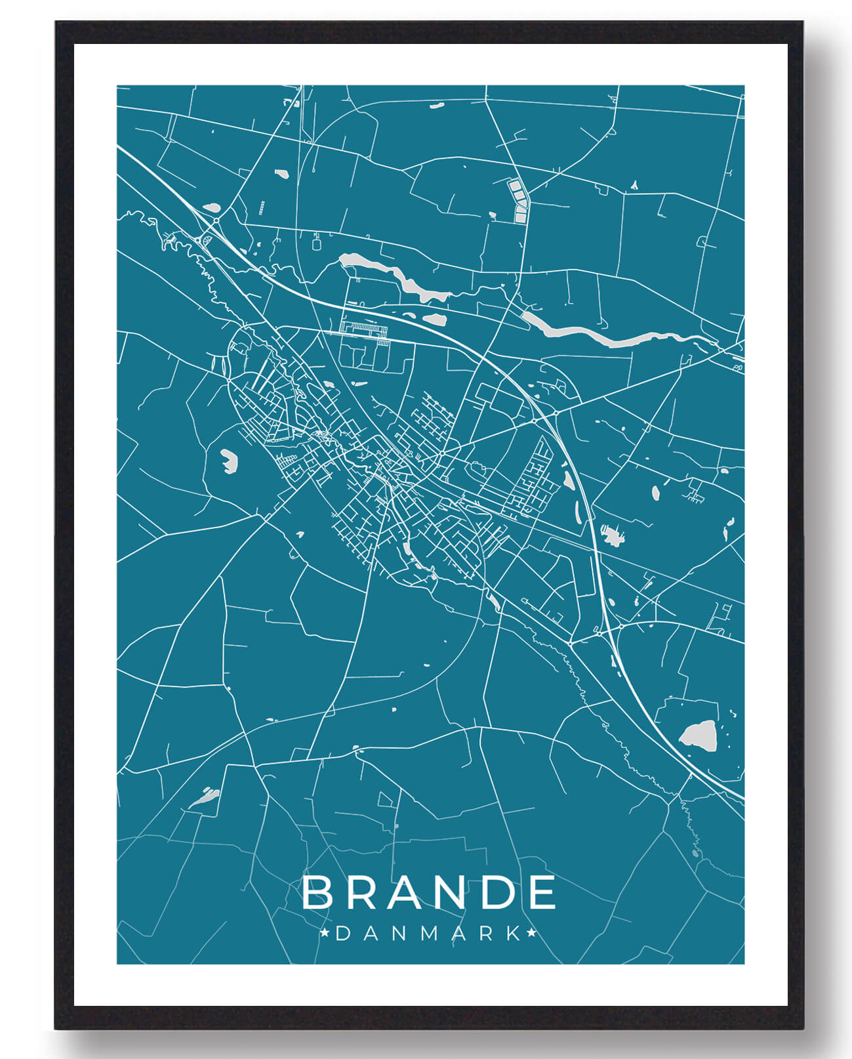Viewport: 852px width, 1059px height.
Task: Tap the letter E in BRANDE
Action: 542,892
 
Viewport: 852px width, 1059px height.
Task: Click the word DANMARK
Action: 428,933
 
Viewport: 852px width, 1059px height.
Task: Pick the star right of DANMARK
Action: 532,932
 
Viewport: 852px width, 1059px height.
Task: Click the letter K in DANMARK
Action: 513,933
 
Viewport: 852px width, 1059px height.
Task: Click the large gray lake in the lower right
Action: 698,734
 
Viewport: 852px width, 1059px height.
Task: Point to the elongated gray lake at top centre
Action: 394,276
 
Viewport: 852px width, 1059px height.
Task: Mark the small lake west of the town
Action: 229,460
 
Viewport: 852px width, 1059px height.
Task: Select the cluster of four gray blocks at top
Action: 518,201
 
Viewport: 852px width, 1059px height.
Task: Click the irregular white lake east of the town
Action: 612,536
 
